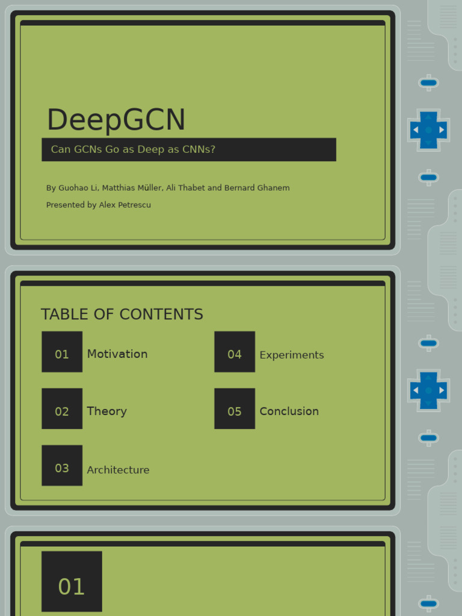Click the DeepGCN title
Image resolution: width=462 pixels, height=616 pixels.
click(116, 120)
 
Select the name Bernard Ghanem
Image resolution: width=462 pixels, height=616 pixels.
click(257, 188)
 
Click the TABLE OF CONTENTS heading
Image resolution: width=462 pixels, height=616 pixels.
click(122, 315)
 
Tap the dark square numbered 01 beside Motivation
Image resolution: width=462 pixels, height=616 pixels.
click(62, 352)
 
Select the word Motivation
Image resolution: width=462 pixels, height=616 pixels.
click(117, 354)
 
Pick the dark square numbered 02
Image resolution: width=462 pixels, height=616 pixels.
click(62, 408)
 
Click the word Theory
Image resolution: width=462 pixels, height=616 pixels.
click(106, 411)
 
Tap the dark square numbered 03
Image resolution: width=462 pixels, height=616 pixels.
click(62, 466)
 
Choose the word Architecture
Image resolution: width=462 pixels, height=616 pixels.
click(118, 470)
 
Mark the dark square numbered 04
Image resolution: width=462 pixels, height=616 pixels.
click(235, 352)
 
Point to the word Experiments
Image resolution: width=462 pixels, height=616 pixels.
click(292, 355)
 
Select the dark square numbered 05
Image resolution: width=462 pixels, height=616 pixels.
click(235, 408)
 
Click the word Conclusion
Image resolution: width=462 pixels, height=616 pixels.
click(289, 411)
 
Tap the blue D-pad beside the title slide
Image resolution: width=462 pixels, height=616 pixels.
click(428, 130)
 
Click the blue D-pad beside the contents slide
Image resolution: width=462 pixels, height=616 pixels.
click(428, 390)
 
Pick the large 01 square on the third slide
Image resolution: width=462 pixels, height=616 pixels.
click(72, 581)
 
